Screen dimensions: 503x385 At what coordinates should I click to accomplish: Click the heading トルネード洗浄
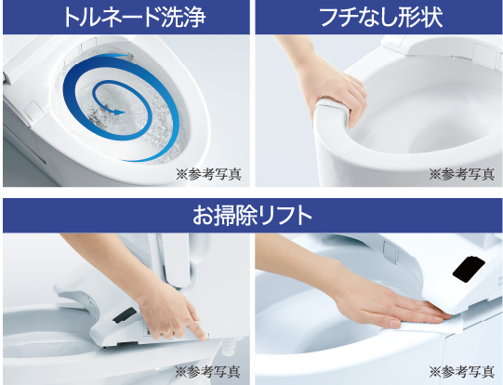(x=134, y=17)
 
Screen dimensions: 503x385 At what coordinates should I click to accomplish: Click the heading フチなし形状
(x=381, y=17)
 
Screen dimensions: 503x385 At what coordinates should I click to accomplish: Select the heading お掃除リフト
(x=252, y=215)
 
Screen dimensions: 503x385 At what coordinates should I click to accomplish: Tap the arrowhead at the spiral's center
(x=119, y=112)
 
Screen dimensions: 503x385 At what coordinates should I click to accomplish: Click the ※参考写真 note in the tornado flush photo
(x=208, y=174)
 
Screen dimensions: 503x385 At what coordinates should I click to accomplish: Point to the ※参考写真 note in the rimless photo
(x=461, y=174)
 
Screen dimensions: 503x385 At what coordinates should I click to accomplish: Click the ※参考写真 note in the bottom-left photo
(x=207, y=372)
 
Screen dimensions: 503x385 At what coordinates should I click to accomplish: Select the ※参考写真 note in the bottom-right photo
(x=461, y=372)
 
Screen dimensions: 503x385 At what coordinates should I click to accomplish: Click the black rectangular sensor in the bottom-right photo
(x=469, y=270)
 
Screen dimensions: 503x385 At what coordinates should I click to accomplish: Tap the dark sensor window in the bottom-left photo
(x=125, y=315)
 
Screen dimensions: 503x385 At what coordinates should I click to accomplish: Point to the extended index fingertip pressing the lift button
(x=202, y=337)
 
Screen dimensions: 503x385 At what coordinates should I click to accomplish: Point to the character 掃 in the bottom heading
(x=222, y=215)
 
